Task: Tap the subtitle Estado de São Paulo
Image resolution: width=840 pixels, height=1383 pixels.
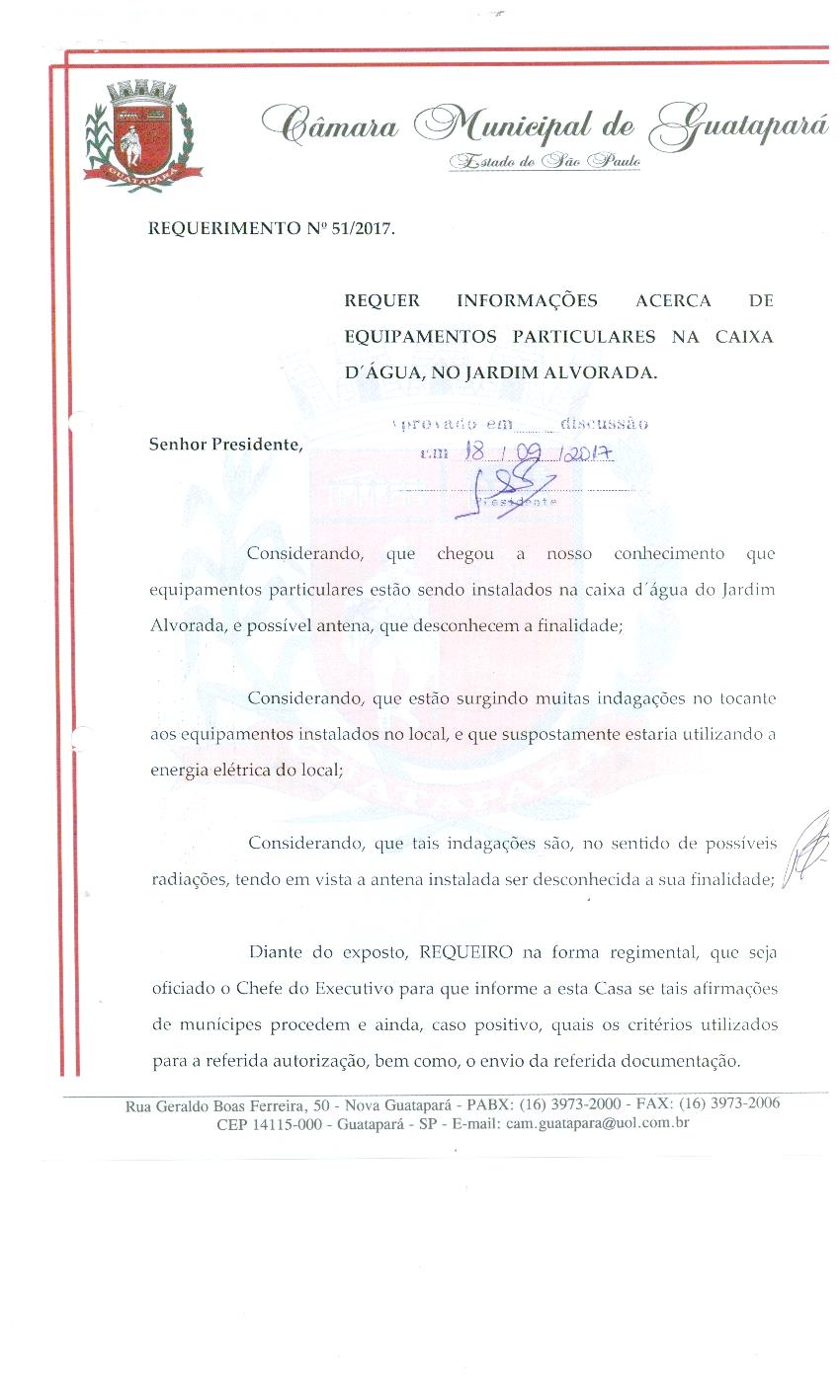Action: click(545, 161)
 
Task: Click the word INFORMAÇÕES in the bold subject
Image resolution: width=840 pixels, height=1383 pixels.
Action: click(529, 300)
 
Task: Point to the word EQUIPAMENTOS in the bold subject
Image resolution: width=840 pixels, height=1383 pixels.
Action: click(420, 337)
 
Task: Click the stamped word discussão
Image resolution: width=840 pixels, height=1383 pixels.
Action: click(604, 425)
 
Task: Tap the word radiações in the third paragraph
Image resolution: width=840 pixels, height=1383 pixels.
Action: click(188, 879)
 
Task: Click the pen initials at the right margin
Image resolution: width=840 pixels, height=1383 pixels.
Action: click(808, 847)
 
